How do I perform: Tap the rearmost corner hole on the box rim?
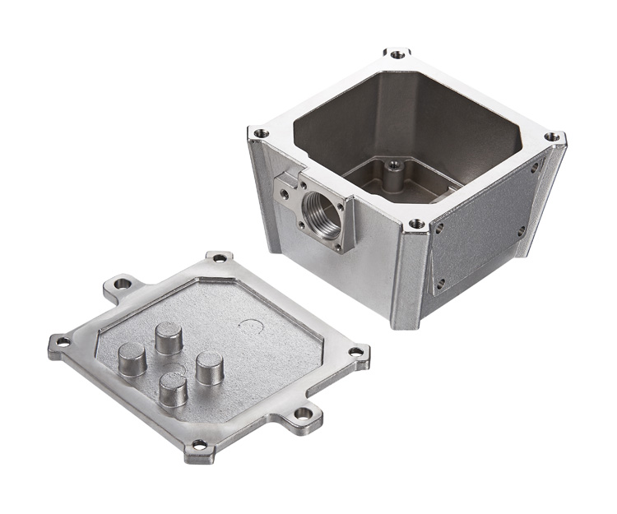pyautogui.click(x=397, y=54)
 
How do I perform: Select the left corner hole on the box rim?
pyautogui.click(x=261, y=132)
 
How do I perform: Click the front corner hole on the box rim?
pyautogui.click(x=417, y=223)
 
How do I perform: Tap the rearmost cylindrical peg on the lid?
pyautogui.click(x=169, y=336)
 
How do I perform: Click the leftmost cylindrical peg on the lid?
pyautogui.click(x=132, y=359)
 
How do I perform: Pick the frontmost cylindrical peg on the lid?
pyautogui.click(x=173, y=388)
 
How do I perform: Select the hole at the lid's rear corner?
pyautogui.click(x=220, y=257)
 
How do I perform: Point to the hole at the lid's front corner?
pyautogui.click(x=198, y=446)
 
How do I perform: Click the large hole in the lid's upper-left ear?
pyautogui.click(x=123, y=284)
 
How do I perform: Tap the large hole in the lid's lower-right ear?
pyautogui.click(x=304, y=413)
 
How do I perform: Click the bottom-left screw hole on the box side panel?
pyautogui.click(x=440, y=283)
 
